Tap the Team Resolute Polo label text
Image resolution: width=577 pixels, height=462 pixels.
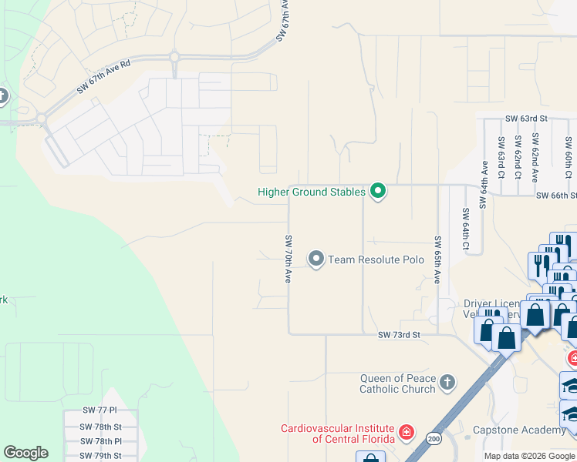click(376, 259)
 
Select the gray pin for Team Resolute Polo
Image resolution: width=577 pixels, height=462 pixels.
click(315, 259)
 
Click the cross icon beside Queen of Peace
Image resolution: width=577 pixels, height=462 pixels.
click(447, 383)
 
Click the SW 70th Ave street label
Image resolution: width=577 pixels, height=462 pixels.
click(288, 259)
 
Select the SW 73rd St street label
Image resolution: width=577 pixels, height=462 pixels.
click(399, 335)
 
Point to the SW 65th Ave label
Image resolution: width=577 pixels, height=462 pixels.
click(437, 259)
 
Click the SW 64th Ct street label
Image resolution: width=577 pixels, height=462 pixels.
click(465, 229)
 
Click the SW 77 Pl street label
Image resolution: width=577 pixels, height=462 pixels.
click(100, 411)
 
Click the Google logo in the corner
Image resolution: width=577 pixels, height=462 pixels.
click(25, 453)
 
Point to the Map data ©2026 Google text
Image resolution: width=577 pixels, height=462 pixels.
click(529, 456)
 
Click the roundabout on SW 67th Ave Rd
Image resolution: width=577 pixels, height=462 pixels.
click(174, 56)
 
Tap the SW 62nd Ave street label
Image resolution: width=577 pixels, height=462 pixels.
click(533, 158)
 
